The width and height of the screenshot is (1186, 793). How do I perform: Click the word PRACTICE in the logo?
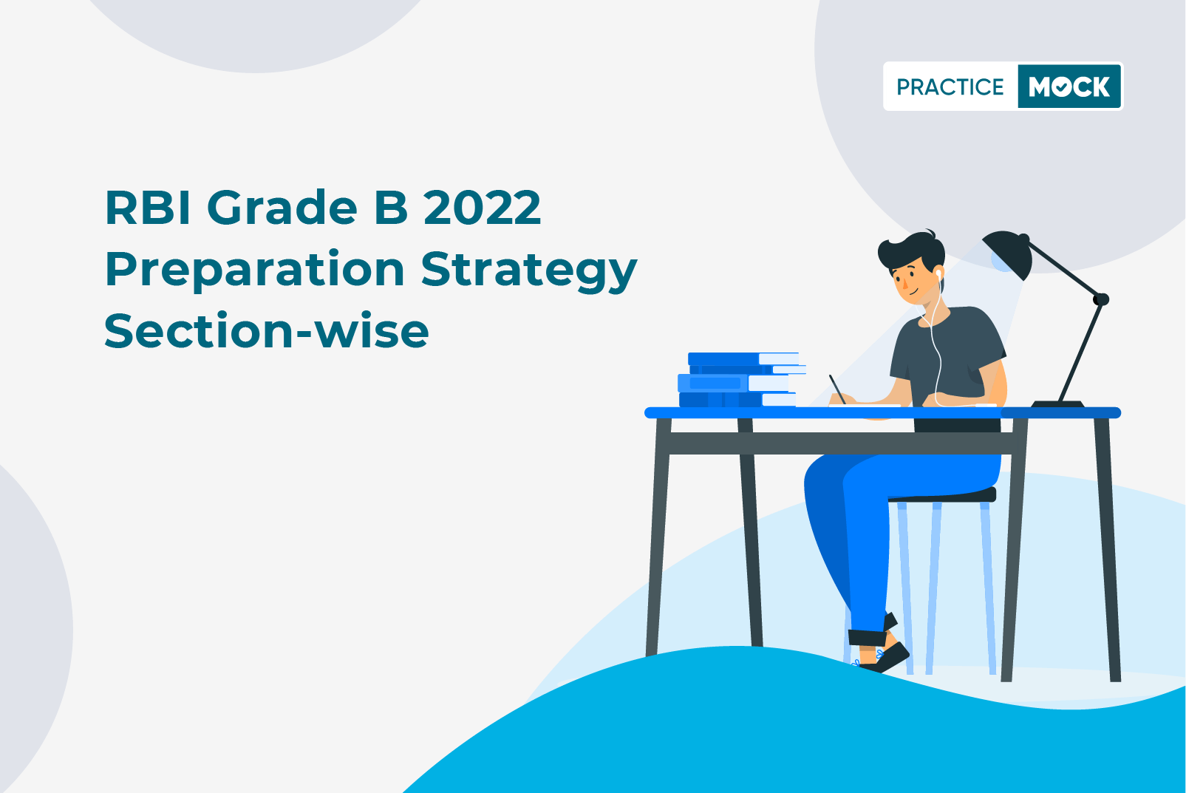coord(950,86)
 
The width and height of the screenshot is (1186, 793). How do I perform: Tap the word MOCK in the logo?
coord(1069,86)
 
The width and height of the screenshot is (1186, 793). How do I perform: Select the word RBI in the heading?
coord(148,208)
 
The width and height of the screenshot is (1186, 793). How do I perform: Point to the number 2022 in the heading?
coord(483,208)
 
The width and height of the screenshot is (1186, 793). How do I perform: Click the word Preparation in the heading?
coord(255,270)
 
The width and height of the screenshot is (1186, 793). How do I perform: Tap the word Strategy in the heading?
coord(529,270)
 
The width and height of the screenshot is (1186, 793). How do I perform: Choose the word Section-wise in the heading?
coord(266,331)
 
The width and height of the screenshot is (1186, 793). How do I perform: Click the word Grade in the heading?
coord(282,208)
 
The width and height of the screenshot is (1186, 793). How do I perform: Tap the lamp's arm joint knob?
coord(1101,299)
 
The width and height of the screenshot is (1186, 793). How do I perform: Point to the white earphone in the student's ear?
coord(938,274)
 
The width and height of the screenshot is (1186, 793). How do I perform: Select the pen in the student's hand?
coord(837,389)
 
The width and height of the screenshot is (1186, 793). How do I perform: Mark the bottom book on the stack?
coord(737,400)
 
